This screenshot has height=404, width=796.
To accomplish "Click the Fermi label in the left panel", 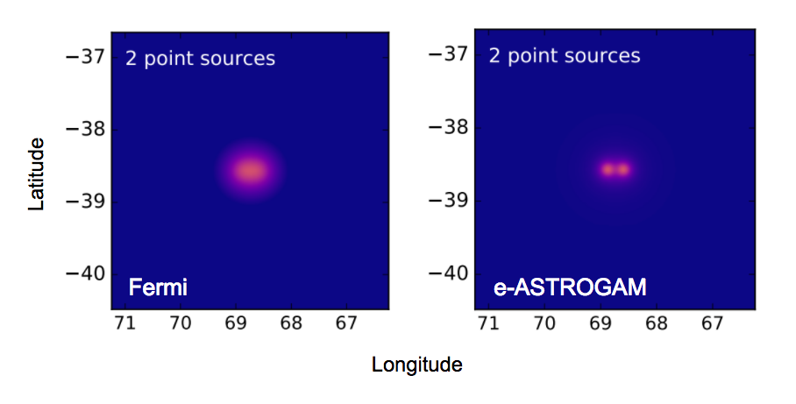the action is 158,287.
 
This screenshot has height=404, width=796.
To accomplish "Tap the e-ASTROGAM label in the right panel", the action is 570,287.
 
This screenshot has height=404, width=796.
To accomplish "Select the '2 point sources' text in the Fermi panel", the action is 200,59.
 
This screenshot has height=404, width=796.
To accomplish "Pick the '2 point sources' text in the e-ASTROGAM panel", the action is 565,56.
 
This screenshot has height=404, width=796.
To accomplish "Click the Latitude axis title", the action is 37,174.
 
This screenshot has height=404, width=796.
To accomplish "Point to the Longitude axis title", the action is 416,365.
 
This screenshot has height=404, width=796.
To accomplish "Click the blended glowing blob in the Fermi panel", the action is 250,171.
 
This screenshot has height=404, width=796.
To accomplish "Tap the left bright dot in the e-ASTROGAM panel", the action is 608,169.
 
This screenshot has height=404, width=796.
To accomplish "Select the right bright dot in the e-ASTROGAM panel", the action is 623,169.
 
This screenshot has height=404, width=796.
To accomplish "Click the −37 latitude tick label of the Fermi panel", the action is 85,56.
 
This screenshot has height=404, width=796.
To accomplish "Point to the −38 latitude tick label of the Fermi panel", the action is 85,129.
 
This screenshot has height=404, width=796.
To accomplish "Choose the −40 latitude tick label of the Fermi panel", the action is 85,274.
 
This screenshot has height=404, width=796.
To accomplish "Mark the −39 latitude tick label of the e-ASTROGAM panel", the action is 449,201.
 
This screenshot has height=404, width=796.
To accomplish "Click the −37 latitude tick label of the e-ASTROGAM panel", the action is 449,53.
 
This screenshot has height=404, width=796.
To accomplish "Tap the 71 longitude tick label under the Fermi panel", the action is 125,322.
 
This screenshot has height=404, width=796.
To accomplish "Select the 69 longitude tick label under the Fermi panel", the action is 236,322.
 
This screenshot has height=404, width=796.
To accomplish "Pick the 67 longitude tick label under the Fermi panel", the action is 346,322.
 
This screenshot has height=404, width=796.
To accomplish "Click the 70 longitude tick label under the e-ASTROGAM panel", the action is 544,322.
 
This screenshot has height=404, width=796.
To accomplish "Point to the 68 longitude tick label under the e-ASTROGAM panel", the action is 657,322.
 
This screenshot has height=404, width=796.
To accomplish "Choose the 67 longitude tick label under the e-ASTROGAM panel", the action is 712,322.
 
